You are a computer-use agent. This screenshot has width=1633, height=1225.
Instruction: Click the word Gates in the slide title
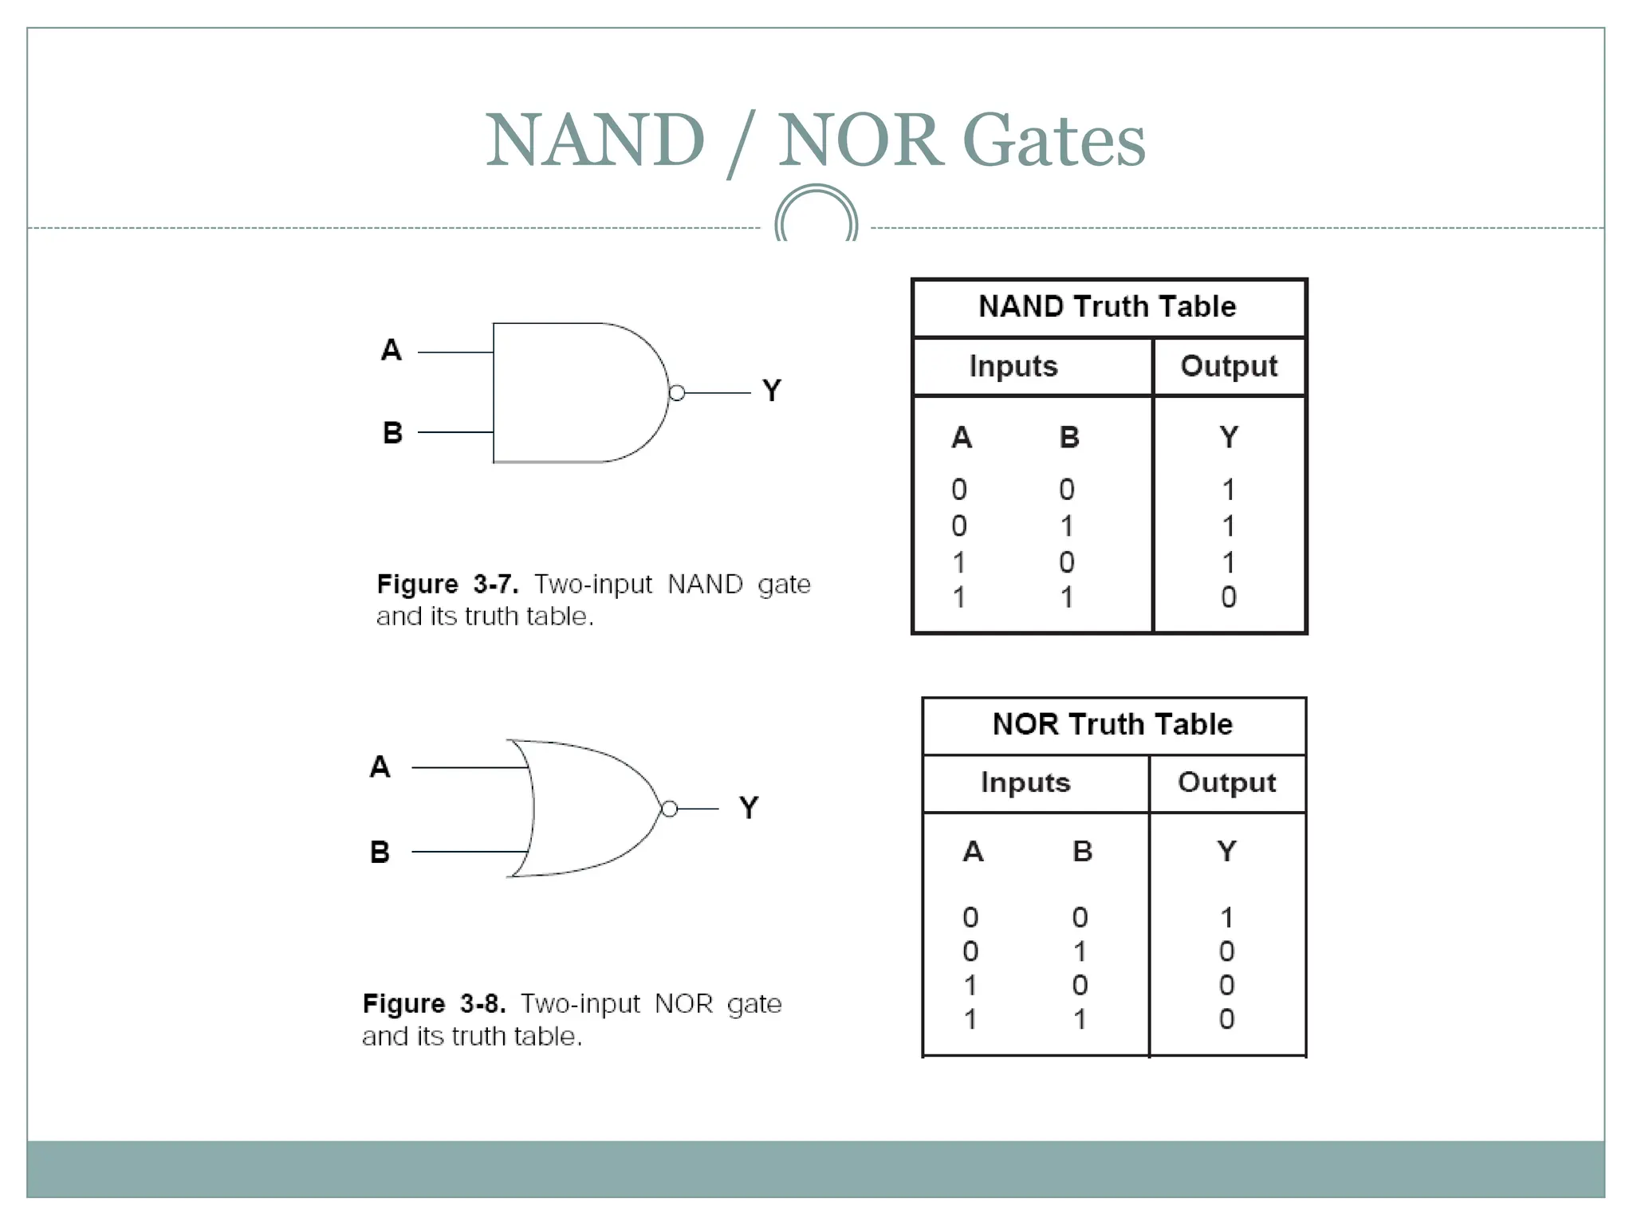tap(1054, 141)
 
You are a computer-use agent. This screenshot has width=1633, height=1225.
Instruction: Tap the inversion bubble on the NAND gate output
tap(677, 393)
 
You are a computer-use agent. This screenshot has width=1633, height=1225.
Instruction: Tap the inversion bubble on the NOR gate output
tap(670, 809)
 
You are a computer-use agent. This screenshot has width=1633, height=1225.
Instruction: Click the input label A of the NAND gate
tap(391, 350)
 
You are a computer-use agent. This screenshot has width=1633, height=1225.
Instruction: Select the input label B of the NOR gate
tap(380, 852)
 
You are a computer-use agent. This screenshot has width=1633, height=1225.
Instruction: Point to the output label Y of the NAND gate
tap(771, 391)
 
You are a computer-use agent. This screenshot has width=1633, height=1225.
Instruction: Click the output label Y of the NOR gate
tap(749, 808)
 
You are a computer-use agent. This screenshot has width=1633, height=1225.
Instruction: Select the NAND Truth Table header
tap(1107, 307)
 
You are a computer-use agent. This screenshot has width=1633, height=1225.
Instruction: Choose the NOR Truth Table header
tap(1112, 724)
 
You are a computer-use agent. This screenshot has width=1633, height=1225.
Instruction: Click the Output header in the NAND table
tap(1228, 366)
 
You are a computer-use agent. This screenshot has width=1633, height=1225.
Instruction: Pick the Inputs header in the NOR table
tap(1025, 782)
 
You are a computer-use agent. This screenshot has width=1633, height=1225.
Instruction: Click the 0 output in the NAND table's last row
tap(1228, 597)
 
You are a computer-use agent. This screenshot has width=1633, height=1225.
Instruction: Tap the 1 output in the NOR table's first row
tap(1226, 918)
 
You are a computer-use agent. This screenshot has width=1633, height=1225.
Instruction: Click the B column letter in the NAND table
tap(1068, 437)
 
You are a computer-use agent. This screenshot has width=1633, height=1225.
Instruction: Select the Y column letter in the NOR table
tap(1226, 852)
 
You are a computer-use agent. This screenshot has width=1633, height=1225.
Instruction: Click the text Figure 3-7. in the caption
tap(447, 585)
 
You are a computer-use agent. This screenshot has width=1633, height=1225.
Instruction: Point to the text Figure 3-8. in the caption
tap(434, 1003)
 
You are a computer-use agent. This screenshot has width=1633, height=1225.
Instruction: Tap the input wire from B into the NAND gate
tap(455, 432)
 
